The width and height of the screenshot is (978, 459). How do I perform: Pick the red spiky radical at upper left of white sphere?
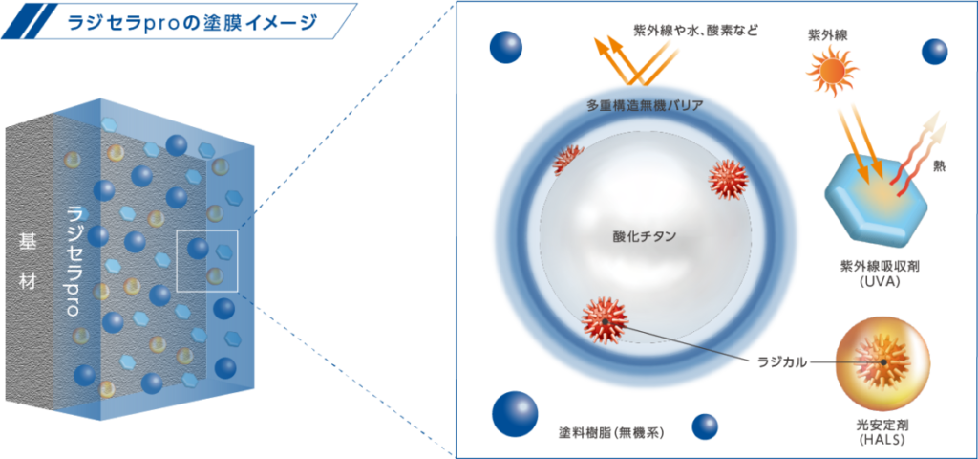(569, 160)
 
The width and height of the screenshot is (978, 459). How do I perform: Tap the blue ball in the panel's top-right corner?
(934, 51)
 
